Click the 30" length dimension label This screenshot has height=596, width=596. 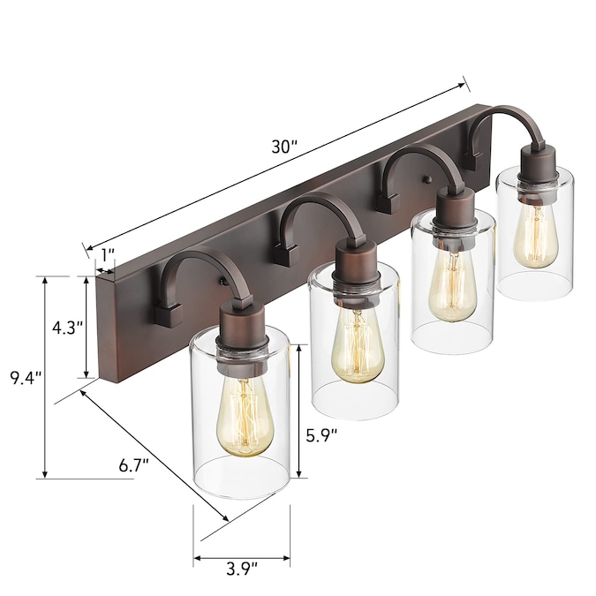[x=284, y=147]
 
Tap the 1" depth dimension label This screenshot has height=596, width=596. [x=107, y=254]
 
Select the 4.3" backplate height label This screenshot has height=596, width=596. [x=67, y=328]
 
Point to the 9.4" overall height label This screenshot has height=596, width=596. [x=25, y=379]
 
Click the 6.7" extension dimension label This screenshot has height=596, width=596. [x=133, y=465]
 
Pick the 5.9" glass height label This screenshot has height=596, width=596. [x=321, y=435]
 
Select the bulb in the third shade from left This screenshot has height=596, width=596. [x=452, y=286]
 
